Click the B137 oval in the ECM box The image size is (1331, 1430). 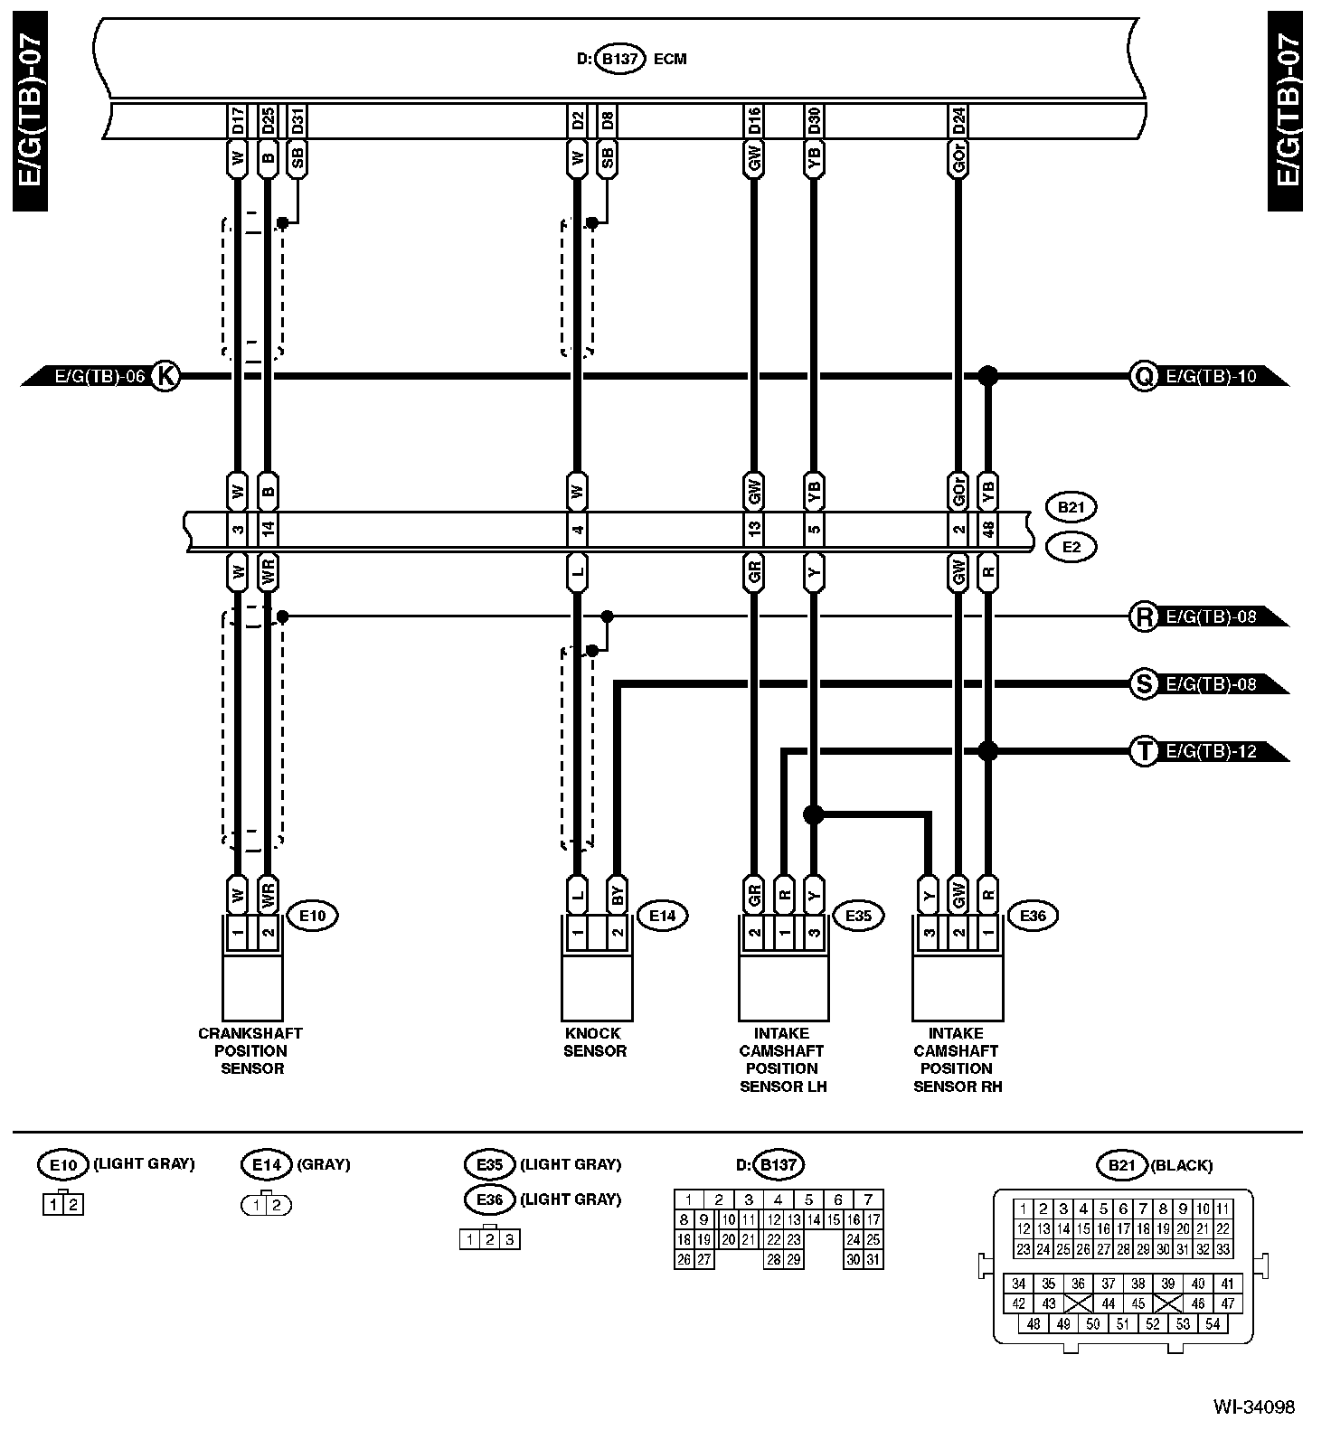(620, 59)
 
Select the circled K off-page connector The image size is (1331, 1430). (164, 375)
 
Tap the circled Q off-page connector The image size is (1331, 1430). (1144, 375)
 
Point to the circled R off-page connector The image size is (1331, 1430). (1144, 617)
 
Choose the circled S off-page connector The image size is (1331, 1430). (1144, 684)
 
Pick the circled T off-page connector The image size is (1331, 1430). (1144, 751)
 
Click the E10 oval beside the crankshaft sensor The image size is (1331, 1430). (312, 916)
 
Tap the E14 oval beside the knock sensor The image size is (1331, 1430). (662, 916)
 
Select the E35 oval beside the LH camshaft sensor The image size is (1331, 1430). (858, 916)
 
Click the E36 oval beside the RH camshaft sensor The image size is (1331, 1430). (1033, 916)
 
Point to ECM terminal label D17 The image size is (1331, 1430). (237, 120)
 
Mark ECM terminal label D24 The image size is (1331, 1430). (959, 120)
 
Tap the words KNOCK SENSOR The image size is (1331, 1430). (594, 1042)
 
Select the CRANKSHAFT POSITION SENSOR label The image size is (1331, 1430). (250, 1050)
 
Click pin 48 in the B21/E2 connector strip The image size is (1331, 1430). (989, 529)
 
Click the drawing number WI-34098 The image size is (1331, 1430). (1254, 1407)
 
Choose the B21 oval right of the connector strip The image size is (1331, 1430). (1071, 507)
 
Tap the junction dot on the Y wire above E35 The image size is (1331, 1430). (814, 815)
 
